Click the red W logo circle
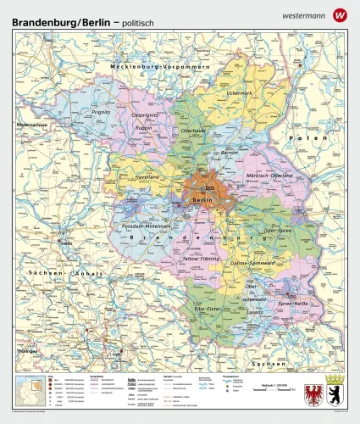tap(341, 14)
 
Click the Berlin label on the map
tap(202, 199)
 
